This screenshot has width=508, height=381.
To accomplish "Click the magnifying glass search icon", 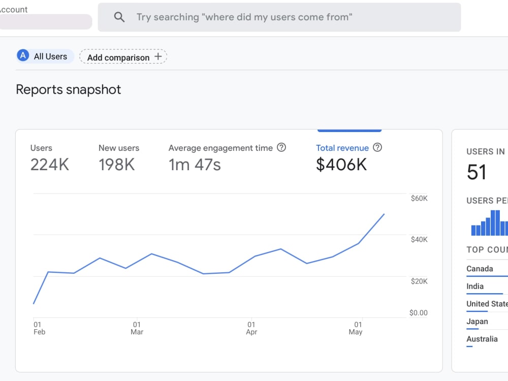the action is click(x=119, y=17).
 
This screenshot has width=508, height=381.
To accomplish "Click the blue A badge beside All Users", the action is click(x=23, y=56).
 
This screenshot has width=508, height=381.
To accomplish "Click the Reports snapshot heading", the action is click(x=69, y=89).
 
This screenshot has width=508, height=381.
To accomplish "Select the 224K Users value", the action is click(x=50, y=165).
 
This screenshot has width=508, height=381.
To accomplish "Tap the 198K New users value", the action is click(x=117, y=165).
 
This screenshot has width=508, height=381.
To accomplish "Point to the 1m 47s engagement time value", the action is click(x=195, y=165).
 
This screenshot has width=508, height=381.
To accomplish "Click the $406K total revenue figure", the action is click(x=341, y=165).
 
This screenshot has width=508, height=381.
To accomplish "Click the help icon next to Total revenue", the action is click(x=377, y=147).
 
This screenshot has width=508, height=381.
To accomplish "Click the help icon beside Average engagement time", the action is click(x=281, y=147).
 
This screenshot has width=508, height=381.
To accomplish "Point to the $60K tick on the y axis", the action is click(x=419, y=198).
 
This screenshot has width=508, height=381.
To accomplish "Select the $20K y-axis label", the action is click(x=419, y=281).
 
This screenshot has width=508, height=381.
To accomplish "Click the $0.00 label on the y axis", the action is click(x=418, y=312).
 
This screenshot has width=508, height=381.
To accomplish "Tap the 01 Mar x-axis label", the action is click(x=137, y=328).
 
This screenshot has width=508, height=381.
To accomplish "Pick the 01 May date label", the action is click(x=356, y=328).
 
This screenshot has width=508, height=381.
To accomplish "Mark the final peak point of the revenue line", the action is click(x=384, y=214).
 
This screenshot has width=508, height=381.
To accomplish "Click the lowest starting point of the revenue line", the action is click(x=34, y=304).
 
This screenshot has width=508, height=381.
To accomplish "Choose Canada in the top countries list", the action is click(x=480, y=269).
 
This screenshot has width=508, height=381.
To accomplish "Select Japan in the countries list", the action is click(x=477, y=322).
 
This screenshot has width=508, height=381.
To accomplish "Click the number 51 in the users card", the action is click(x=477, y=172).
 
